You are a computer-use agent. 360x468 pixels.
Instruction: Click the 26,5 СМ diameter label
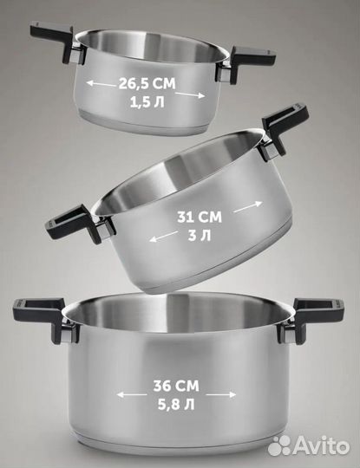point(147,83)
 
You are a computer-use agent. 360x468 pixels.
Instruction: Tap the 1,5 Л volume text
point(147,102)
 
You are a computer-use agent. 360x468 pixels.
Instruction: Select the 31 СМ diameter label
point(200,217)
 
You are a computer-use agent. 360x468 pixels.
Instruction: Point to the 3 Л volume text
point(200,236)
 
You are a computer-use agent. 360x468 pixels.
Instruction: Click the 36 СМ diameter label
point(176,386)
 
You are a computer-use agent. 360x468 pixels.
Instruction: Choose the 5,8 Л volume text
point(176,405)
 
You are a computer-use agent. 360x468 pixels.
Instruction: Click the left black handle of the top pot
point(56,42)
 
